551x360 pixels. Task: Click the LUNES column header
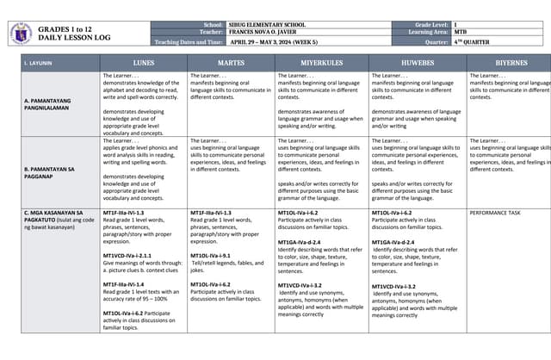tap(143, 63)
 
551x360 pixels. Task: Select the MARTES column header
tap(231, 63)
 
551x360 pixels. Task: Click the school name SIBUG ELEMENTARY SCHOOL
tap(260, 25)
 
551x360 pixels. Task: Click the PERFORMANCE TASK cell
tap(496, 211)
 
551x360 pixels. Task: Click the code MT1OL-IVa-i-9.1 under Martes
tap(212, 256)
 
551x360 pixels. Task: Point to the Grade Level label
tap(410, 25)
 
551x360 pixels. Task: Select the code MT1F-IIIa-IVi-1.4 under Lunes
tap(127, 283)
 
